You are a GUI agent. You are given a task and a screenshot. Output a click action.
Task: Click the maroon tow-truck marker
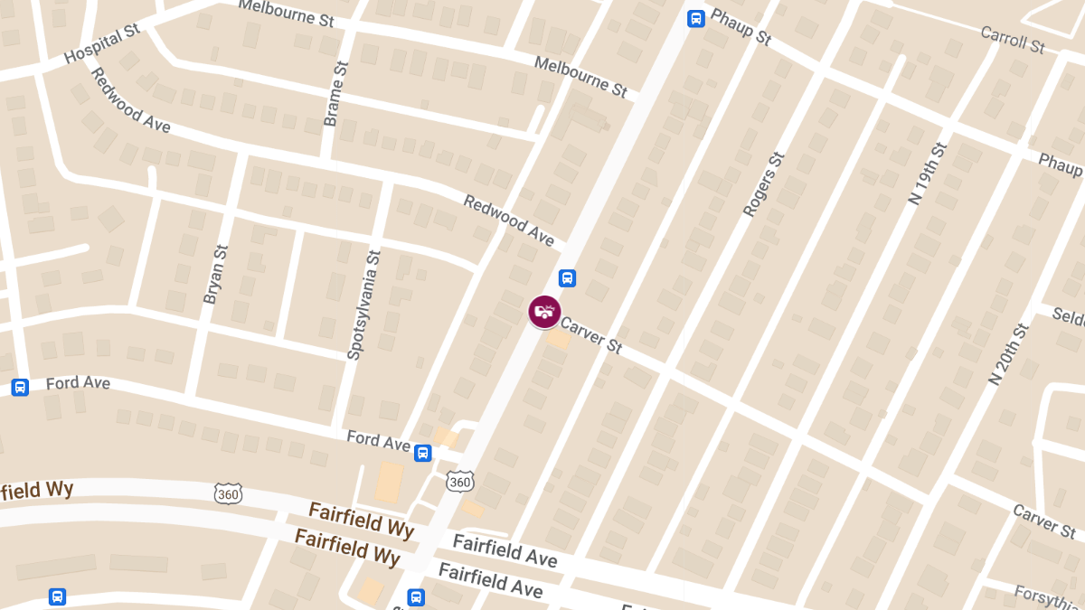coord(544,312)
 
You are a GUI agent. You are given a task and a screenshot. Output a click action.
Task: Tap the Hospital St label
coord(102,44)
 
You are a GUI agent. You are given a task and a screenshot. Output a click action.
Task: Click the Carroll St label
coord(1013,39)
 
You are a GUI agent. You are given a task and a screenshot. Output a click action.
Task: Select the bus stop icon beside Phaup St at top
coord(695,18)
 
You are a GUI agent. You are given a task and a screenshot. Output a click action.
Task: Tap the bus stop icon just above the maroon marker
coord(567,278)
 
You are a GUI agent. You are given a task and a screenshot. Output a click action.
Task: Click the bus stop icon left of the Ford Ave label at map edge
coord(20,387)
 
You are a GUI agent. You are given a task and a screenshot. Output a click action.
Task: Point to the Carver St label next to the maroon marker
coord(591,334)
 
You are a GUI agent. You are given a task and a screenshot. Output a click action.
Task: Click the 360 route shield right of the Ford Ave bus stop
coord(460,483)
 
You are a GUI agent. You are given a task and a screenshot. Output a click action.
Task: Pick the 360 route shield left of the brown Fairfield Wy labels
coord(229,493)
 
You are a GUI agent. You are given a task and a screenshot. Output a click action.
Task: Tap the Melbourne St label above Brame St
coord(286,12)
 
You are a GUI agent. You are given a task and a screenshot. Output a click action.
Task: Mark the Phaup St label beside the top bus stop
coord(741,26)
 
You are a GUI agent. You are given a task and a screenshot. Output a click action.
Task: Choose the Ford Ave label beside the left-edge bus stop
coord(78,383)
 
